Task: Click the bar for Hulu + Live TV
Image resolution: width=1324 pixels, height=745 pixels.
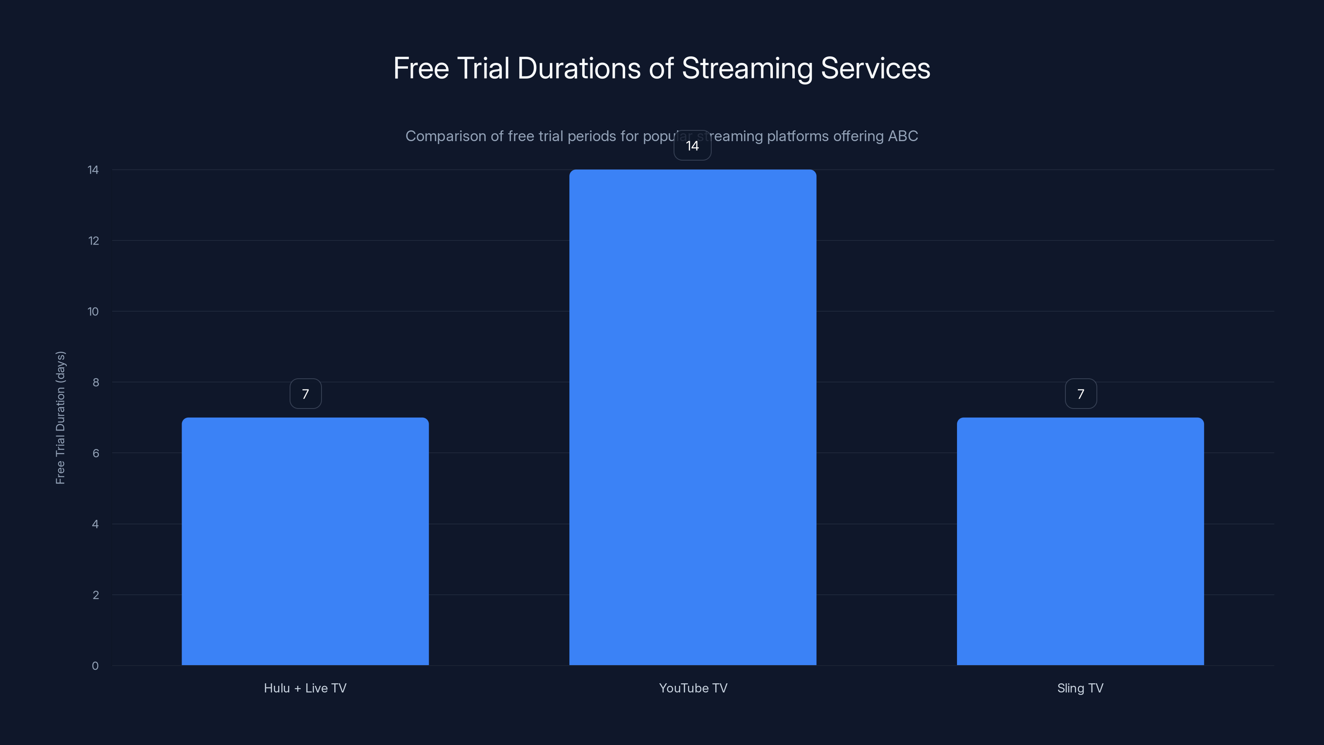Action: (305, 541)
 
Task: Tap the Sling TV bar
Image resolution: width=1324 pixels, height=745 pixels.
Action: (1080, 541)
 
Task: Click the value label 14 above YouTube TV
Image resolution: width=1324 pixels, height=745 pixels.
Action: (692, 146)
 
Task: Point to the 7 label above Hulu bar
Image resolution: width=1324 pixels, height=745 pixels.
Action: (305, 394)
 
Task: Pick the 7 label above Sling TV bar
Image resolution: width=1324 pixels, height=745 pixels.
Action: (1080, 394)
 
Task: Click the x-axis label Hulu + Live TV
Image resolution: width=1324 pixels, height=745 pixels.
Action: (305, 688)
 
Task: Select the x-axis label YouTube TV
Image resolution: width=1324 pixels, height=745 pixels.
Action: (693, 688)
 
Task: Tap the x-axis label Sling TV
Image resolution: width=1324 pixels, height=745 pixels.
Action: (1080, 688)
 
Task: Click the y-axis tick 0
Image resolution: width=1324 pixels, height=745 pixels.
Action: (95, 666)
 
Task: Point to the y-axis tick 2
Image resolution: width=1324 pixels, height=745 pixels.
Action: (96, 595)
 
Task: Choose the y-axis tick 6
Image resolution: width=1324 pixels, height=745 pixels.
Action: (96, 453)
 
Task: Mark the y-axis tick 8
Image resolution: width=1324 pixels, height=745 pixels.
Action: (96, 382)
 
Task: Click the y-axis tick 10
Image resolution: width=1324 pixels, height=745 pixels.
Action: (93, 312)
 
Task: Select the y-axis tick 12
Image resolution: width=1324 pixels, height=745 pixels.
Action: (93, 240)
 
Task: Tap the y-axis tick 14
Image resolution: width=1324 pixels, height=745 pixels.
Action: (93, 170)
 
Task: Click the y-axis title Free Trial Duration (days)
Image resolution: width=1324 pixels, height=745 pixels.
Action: (60, 418)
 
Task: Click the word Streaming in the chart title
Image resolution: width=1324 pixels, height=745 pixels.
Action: (747, 68)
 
